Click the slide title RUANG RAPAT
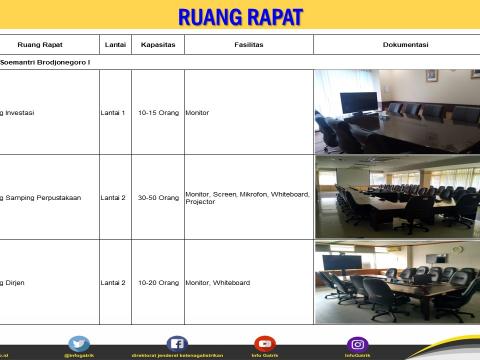tap(240, 17)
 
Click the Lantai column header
tap(115, 45)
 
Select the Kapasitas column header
tap(159, 45)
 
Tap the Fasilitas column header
tap(249, 45)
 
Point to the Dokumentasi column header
tap(405, 45)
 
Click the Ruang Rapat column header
tap(40, 45)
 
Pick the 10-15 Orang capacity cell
tap(159, 113)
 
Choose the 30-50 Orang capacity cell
tap(159, 198)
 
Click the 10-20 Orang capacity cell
tap(159, 283)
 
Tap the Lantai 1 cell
tap(113, 113)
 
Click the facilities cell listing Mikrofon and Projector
tap(247, 198)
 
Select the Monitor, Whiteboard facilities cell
tap(219, 283)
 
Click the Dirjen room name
tap(14, 283)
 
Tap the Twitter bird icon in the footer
tap(79, 344)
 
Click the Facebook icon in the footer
tap(177, 344)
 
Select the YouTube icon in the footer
tap(264, 344)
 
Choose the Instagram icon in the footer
tap(357, 344)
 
